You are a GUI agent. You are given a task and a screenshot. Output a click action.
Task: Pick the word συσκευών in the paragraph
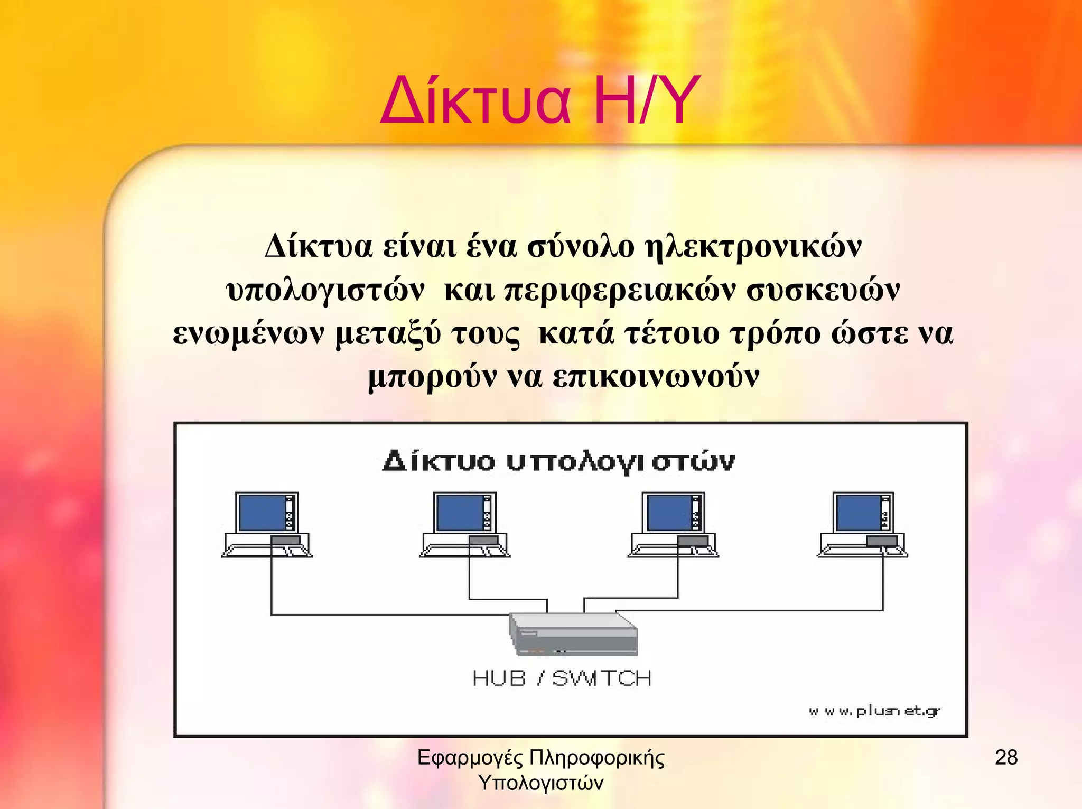pos(823,290)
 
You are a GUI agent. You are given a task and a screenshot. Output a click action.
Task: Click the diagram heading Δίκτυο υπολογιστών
pos(558,461)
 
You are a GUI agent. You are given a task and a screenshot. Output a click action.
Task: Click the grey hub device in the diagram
pos(573,634)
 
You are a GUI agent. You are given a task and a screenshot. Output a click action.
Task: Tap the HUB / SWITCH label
pos(562,678)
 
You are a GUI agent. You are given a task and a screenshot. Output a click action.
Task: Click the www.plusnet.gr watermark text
pos(874,711)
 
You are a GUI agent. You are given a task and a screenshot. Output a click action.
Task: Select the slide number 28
pos(1006,758)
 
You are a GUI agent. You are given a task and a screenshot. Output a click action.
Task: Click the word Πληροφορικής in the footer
pos(596,758)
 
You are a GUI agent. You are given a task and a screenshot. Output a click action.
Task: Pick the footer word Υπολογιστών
pos(540,783)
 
